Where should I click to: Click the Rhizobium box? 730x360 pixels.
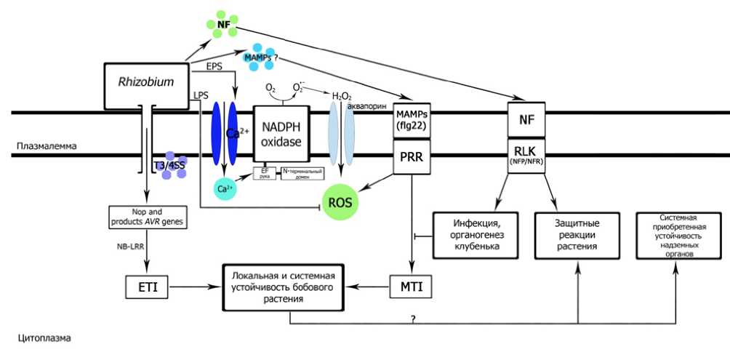coord(146,82)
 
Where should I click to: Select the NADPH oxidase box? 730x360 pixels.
coord(281,135)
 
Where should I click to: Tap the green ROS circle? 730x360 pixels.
coord(342,202)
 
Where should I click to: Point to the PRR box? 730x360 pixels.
coord(412,157)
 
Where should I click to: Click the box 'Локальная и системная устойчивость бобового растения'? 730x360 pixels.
coord(283,286)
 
